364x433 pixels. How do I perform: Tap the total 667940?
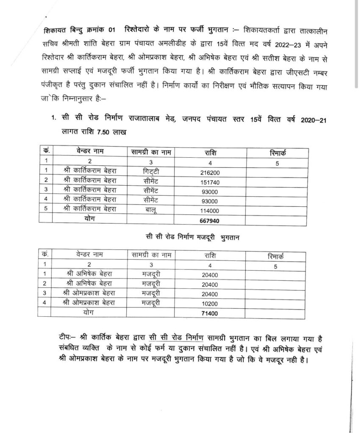coord(210,220)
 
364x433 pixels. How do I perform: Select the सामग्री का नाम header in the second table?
coord(151,255)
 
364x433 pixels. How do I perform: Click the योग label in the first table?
coord(88,220)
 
